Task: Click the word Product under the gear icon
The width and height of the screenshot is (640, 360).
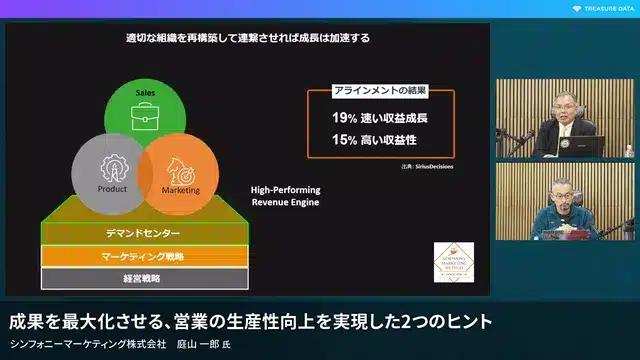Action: pyautogui.click(x=112, y=189)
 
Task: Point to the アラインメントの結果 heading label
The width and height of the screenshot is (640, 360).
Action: pyautogui.click(x=379, y=90)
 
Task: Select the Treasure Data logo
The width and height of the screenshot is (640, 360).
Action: pyautogui.click(x=604, y=9)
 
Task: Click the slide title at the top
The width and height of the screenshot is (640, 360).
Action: pyautogui.click(x=247, y=39)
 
